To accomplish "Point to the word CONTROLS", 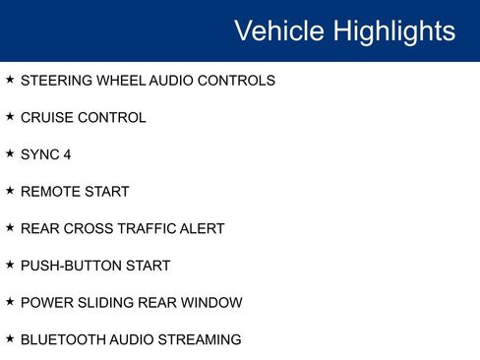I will pyautogui.click(x=236, y=81).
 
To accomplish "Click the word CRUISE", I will pyautogui.click(x=44, y=118).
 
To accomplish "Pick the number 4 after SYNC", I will pyautogui.click(x=67, y=154).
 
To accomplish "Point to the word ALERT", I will pyautogui.click(x=202, y=229).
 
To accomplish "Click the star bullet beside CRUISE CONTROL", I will pyautogui.click(x=10, y=116).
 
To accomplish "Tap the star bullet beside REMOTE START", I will pyautogui.click(x=10, y=190).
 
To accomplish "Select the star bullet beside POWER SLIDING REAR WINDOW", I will pyautogui.click(x=10, y=301).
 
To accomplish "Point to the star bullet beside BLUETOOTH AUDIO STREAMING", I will pyautogui.click(x=10, y=338).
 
